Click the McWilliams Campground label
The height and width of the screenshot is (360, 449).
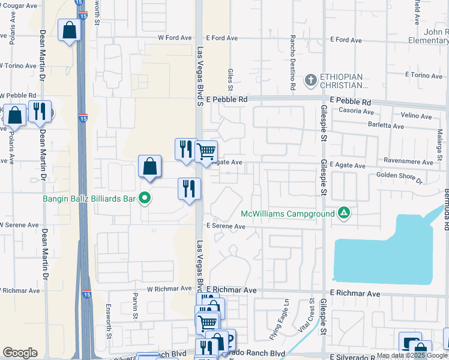287,214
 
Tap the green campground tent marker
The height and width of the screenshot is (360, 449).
344,212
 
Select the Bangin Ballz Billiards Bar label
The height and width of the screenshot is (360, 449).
90,198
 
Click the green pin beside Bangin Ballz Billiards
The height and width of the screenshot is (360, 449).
144,197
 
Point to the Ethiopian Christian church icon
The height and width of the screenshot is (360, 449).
311,79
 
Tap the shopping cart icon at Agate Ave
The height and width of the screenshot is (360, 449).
206,151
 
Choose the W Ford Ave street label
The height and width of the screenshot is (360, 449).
174,38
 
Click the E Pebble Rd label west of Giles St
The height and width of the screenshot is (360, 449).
226,99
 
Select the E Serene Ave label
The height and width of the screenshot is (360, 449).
226,226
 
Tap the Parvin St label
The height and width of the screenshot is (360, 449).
136,305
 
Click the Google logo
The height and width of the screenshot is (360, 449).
20,353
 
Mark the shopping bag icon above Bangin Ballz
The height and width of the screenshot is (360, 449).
149,167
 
